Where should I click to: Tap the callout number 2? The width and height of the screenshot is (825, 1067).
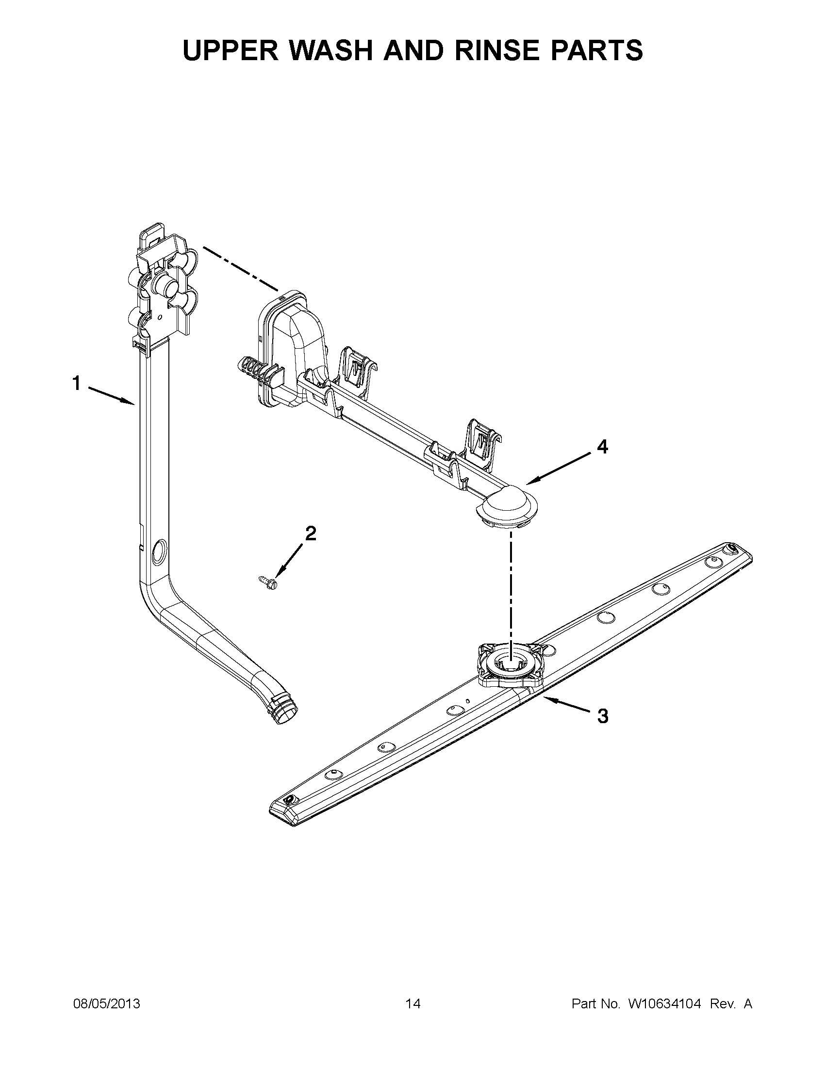310,533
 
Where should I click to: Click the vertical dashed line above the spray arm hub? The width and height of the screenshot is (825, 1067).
511,586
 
